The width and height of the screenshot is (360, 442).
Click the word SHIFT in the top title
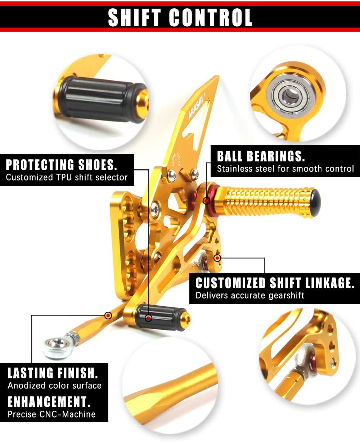[x=135, y=18]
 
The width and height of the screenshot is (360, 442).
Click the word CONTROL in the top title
[x=211, y=18]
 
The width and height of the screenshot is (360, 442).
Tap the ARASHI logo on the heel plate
[x=195, y=109]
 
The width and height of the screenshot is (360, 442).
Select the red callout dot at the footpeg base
[x=206, y=201]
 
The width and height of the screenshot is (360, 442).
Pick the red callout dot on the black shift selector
[x=148, y=318]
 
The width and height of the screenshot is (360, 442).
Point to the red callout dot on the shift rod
[x=108, y=316]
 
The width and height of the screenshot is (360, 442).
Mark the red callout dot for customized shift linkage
[x=217, y=258]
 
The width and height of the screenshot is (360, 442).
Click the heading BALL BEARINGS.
[x=261, y=156]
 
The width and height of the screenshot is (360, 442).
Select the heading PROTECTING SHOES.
[x=62, y=165]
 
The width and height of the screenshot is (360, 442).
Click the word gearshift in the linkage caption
[x=286, y=296]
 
